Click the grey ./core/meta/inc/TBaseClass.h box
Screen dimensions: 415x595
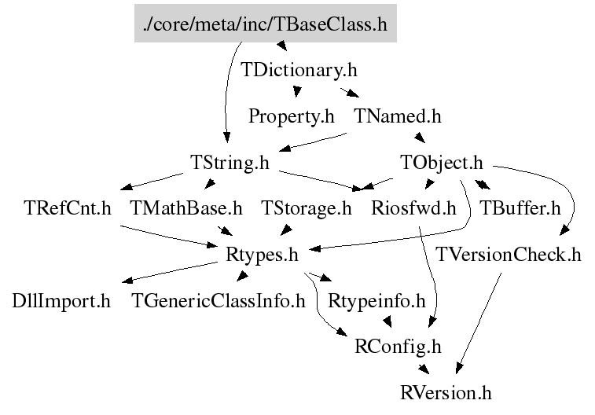[266, 24]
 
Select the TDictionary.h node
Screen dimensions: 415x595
[299, 70]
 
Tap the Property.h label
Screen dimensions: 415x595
[291, 116]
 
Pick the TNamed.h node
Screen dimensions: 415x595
[398, 116]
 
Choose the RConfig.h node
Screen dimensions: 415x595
[399, 346]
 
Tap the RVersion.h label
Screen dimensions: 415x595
[446, 391]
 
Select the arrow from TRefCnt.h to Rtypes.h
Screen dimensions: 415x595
[173, 237]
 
